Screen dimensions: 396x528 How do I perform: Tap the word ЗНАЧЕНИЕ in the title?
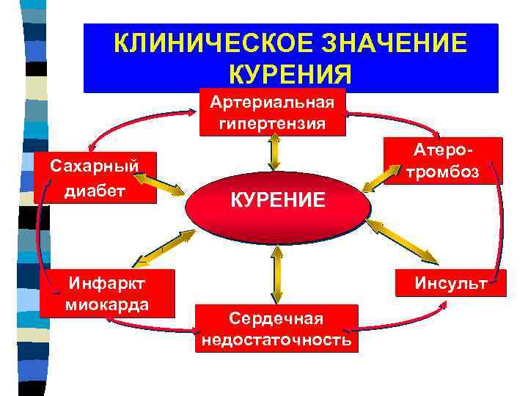[x=395, y=43]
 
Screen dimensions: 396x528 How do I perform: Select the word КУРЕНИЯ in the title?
[x=290, y=74]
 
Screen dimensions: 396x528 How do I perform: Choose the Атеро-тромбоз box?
[x=444, y=161]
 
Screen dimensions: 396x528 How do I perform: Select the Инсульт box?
[x=450, y=284]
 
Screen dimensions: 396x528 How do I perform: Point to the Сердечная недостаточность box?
[x=276, y=329]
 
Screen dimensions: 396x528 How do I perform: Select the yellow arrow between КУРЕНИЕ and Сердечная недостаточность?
[x=276, y=272]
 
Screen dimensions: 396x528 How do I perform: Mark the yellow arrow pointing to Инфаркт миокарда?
[x=166, y=247]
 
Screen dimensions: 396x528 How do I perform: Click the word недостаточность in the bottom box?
[x=276, y=341]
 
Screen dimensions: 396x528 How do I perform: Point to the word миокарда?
[x=107, y=304]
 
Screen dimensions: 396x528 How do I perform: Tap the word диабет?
[x=95, y=191]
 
